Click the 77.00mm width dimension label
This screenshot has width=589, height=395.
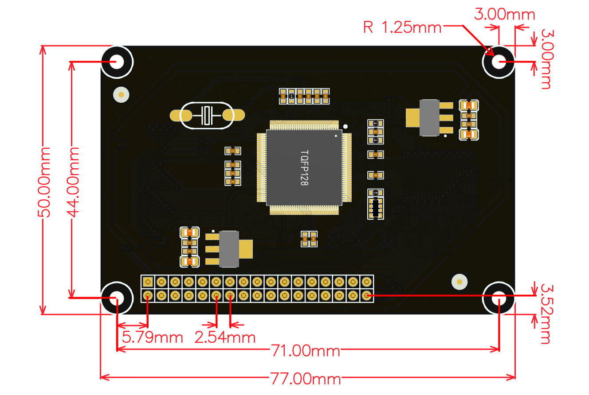[x=306, y=379]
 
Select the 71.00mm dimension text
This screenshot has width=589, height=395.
[x=306, y=351]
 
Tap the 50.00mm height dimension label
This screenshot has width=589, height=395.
[x=45, y=182]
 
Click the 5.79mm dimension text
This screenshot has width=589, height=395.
[x=153, y=337]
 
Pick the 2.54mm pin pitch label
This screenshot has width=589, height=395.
[x=225, y=337]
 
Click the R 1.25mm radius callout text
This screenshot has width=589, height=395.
[x=403, y=27]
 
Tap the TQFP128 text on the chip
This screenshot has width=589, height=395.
[x=304, y=168]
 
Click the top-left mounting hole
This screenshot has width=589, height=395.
[x=117, y=62]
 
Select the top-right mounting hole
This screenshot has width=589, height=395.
[x=499, y=62]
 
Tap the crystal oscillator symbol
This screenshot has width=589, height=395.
[x=207, y=115]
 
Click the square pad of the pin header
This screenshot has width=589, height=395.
[x=148, y=282]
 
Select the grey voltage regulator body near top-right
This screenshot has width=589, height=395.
[x=429, y=118]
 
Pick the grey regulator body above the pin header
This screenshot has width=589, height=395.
[x=229, y=249]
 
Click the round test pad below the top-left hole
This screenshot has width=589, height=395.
[x=121, y=94]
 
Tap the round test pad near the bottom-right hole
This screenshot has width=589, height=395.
[x=459, y=281]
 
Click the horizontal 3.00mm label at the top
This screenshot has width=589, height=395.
[x=505, y=14]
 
